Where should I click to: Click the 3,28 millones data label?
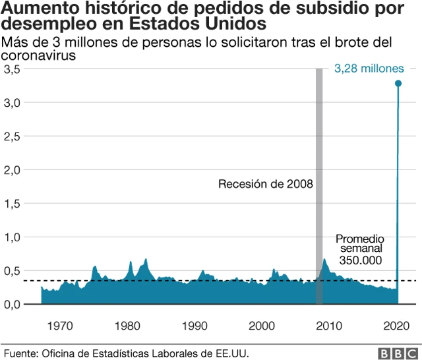[x=368, y=69]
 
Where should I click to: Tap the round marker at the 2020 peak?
[x=398, y=83]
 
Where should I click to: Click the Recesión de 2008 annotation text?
[x=265, y=184]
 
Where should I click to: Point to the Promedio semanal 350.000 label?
[x=360, y=249]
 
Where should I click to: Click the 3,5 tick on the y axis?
[x=13, y=69]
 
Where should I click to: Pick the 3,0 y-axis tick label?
[x=13, y=102]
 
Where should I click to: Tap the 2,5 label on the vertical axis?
[x=13, y=136]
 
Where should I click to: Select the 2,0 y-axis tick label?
[x=13, y=169]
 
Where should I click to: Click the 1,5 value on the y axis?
[x=13, y=203]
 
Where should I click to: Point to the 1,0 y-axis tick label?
[x=13, y=237]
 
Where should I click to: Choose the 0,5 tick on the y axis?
[x=13, y=270]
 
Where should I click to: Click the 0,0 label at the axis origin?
[x=13, y=304]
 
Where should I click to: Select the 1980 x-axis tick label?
[x=127, y=325]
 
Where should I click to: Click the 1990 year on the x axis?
[x=195, y=325]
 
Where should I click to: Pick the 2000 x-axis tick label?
[x=263, y=325]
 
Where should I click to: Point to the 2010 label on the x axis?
[x=330, y=325]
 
